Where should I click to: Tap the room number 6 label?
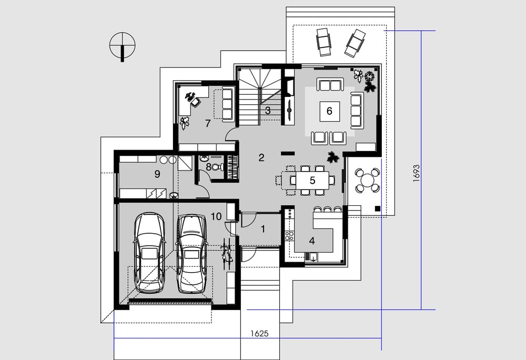click(329, 111)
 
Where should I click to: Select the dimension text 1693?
click(416, 173)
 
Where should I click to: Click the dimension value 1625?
click(259, 334)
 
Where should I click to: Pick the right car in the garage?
click(191, 253)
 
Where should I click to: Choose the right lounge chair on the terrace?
click(355, 43)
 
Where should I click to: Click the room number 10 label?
click(216, 216)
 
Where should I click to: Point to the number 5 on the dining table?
click(312, 181)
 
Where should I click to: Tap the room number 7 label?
click(208, 124)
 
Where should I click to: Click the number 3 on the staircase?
click(268, 110)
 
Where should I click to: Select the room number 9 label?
click(157, 174)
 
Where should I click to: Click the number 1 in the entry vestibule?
click(263, 229)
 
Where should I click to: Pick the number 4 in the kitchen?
click(312, 241)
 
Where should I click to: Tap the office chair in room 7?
click(194, 102)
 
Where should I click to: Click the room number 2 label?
click(261, 157)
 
